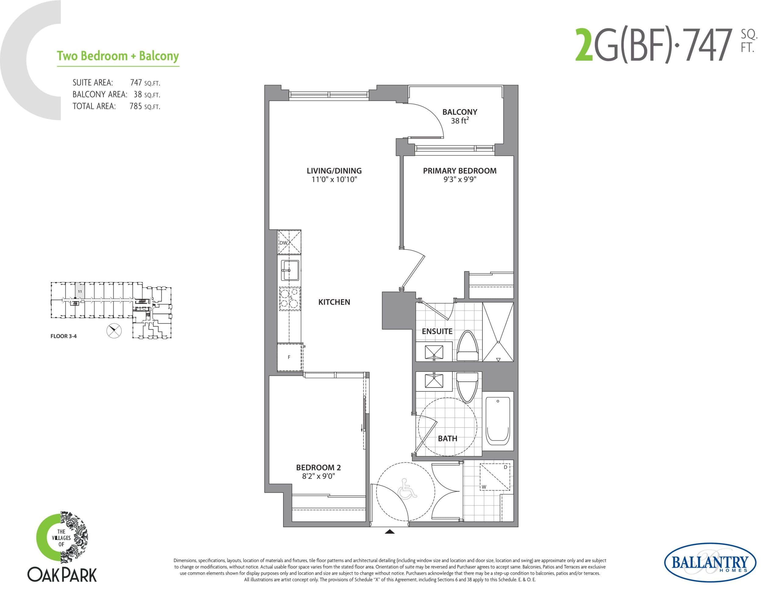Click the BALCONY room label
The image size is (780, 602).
tap(460, 112)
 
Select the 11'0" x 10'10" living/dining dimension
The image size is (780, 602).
tap(334, 180)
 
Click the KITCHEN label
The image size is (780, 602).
tap(334, 302)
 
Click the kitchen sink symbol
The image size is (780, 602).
tap(290, 270)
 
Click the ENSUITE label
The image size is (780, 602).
tap(437, 331)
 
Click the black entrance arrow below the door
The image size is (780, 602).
tap(390, 532)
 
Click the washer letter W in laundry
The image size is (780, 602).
tap(484, 487)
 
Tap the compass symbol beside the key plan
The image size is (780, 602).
tap(114, 331)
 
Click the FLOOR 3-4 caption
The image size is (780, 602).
tap(64, 336)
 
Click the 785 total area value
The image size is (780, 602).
tap(136, 106)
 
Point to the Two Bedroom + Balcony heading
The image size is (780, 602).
tap(118, 56)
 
